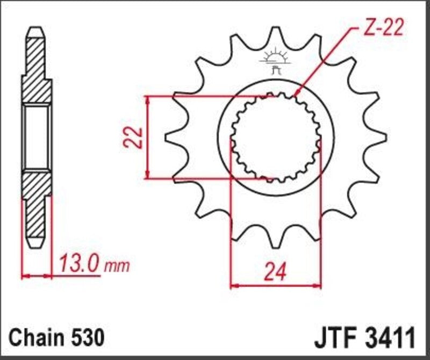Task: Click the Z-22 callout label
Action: [x=382, y=28]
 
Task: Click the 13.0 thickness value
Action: [x=78, y=264]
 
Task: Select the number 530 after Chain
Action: [x=85, y=339]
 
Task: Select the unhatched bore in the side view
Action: [x=37, y=137]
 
